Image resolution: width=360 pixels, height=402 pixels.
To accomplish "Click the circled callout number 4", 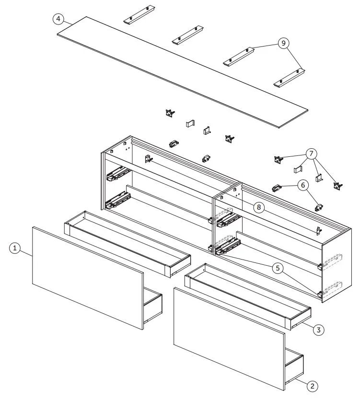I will [x=58, y=19].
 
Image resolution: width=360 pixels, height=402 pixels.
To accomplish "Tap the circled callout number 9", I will [x=284, y=43].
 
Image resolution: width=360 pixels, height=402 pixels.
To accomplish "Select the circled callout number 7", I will [x=311, y=154].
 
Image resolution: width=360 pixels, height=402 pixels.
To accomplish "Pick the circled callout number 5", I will [x=277, y=268].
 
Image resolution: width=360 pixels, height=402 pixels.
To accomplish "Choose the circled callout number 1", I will [x=16, y=248].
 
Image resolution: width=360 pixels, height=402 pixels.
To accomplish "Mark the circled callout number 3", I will [x=319, y=329].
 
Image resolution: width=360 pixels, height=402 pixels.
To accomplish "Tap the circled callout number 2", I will [x=312, y=385].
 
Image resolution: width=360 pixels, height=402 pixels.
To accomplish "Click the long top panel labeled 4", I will [x=182, y=72].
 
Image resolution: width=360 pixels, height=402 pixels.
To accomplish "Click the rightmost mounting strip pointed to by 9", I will [x=290, y=78].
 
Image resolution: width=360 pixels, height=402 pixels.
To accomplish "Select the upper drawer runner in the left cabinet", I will [x=117, y=174].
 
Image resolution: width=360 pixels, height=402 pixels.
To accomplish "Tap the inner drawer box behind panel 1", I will [x=127, y=242].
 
